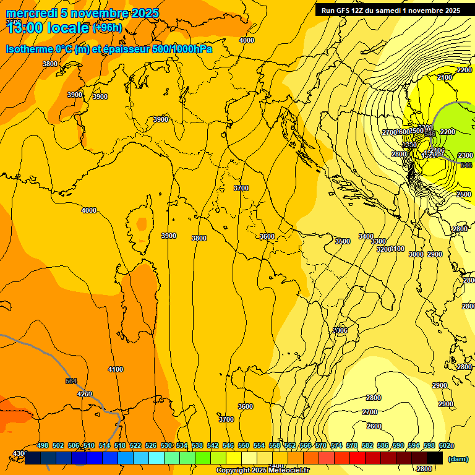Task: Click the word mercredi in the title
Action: pos(32,14)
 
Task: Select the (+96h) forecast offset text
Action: pos(107,28)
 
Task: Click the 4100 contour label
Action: pos(115,369)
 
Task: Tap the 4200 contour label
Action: pos(84,394)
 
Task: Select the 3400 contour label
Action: pos(366,236)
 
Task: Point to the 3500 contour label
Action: pos(342,241)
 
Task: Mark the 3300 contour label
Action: pos(379,241)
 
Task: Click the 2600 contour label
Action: pos(374,426)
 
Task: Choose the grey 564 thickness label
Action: pos(71,381)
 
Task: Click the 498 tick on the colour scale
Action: pos(43,445)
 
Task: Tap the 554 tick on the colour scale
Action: pos(259,445)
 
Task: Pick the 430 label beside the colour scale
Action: pos(19,453)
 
